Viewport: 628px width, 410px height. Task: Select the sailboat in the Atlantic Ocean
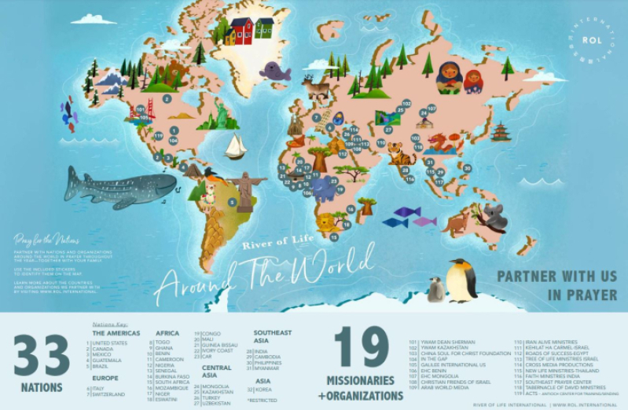[235, 145]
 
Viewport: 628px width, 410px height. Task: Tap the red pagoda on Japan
[501, 131]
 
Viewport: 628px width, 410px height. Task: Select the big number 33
[42, 356]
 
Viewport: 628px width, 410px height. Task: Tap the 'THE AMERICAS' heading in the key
[116, 333]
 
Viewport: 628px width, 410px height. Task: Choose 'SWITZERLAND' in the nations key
[110, 394]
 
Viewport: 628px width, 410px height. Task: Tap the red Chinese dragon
[445, 142]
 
